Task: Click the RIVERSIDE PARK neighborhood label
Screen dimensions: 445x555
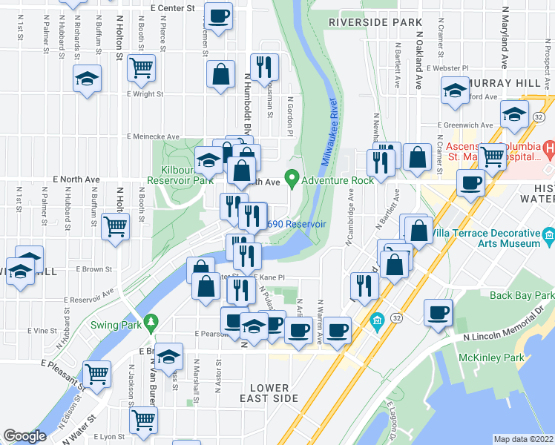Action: click(375, 23)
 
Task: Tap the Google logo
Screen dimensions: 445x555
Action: click(24, 436)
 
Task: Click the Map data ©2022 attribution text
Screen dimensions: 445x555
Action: click(523, 439)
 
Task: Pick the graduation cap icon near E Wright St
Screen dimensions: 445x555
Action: click(87, 78)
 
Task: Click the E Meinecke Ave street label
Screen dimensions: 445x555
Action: click(153, 136)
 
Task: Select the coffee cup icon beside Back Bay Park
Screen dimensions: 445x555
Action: click(438, 313)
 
